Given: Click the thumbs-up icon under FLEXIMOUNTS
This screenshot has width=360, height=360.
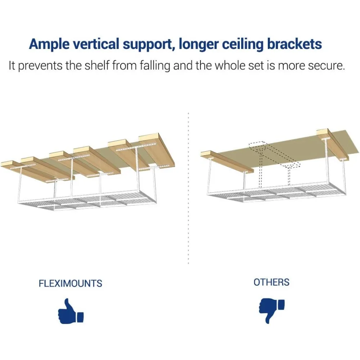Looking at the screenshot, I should tap(71, 311).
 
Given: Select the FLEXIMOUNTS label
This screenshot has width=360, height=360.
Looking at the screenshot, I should tap(71, 283).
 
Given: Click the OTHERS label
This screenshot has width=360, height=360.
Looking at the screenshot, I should tap(271, 282).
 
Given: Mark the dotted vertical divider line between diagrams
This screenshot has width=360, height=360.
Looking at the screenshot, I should tap(189, 187).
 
